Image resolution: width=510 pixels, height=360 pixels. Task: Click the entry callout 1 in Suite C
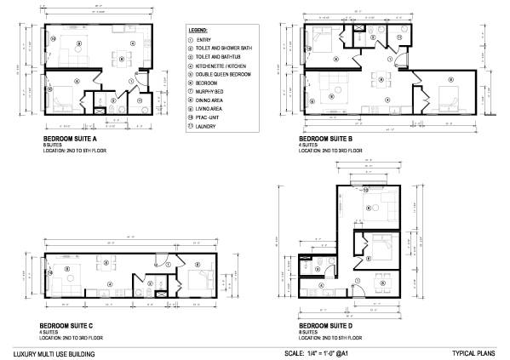coord(169,265)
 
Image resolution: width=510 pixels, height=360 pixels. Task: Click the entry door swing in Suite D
coord(361,290)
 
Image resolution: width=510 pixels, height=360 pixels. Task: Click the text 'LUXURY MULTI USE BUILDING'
coord(54,352)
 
